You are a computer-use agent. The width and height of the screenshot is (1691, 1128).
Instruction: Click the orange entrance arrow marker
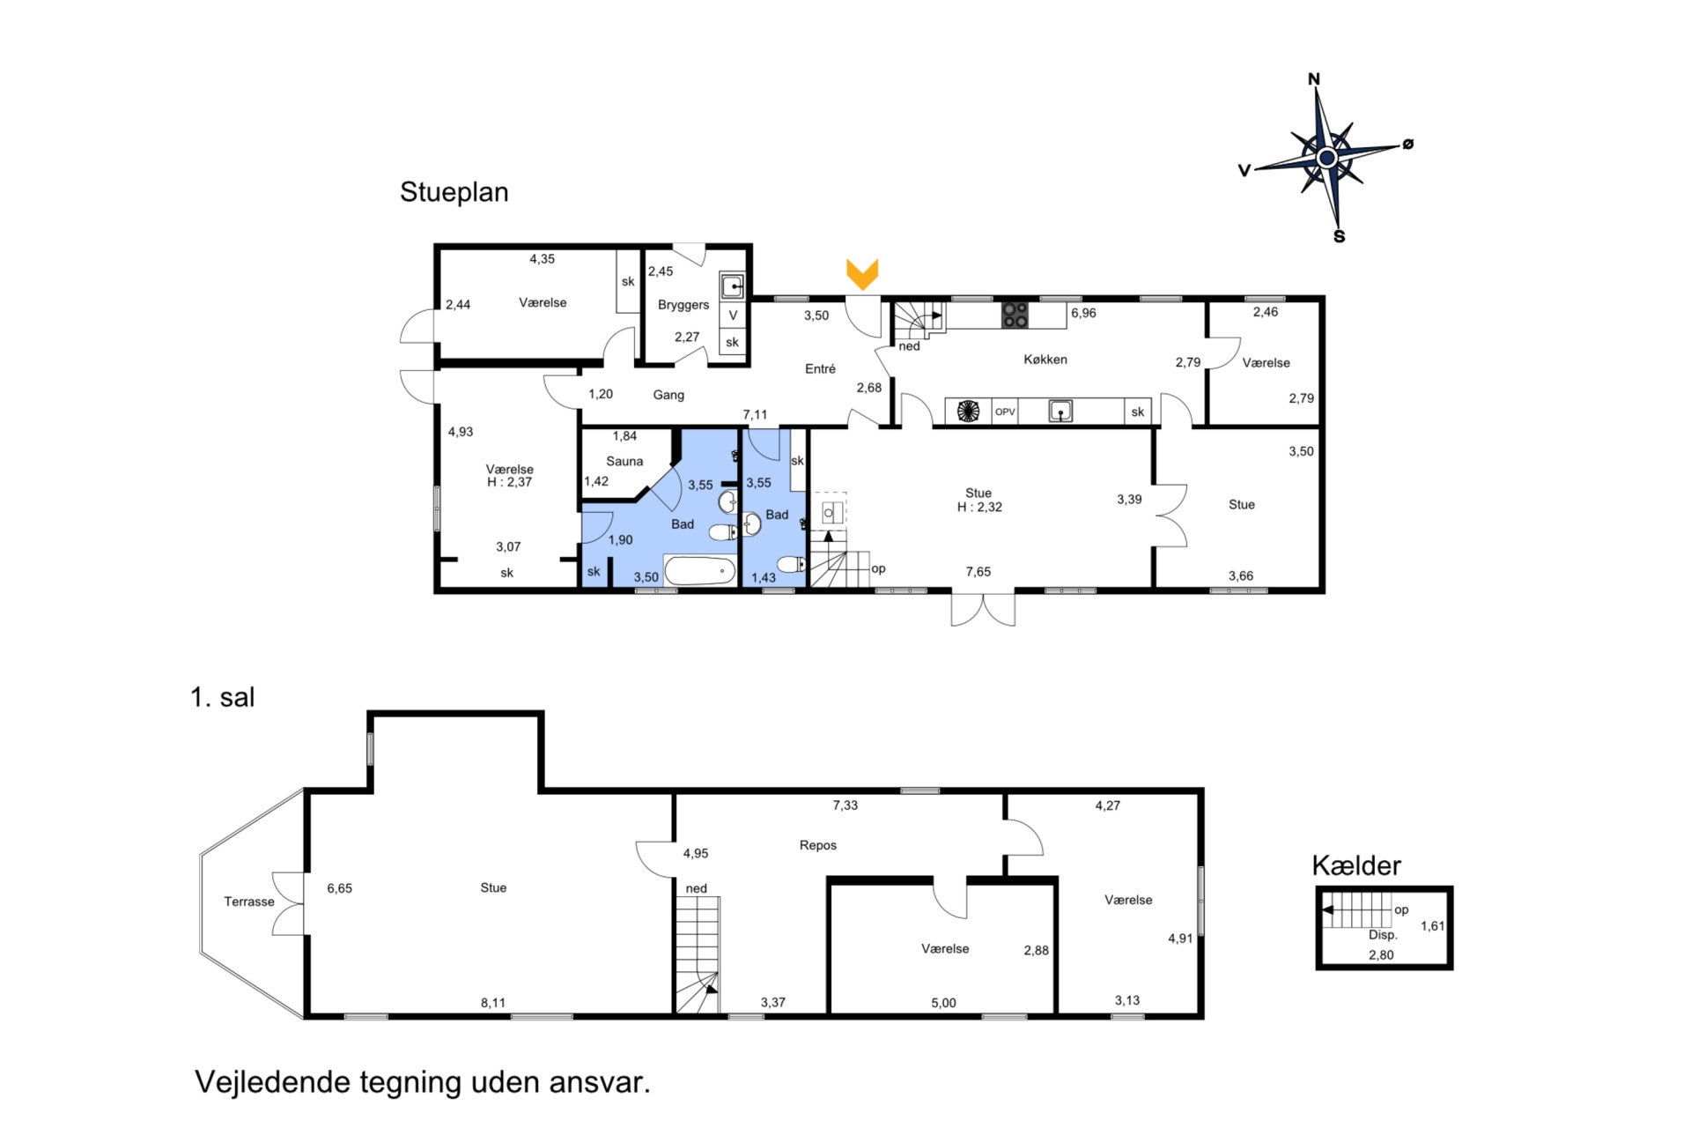coord(862,273)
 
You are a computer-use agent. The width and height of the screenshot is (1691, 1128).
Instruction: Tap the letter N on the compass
coord(1314,79)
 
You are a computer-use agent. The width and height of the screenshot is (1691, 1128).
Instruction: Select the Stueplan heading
coord(454,192)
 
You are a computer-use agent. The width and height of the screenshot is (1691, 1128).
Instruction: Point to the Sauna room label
coord(624,461)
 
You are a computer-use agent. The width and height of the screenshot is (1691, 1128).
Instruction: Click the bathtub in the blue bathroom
coord(699,571)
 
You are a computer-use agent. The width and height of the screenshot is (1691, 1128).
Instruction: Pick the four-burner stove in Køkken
coord(1015,315)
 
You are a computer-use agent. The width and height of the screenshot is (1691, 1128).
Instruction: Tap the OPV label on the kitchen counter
coord(1005,412)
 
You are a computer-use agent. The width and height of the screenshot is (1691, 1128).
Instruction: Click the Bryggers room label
coord(683,305)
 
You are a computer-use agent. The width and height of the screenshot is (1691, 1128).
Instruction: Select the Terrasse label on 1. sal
coord(249,902)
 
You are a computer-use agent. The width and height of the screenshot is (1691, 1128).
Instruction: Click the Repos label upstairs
coord(818,845)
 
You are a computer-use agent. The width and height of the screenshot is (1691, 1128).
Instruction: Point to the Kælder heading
coord(1356,865)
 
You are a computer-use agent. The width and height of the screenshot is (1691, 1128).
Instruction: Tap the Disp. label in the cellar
coord(1383,935)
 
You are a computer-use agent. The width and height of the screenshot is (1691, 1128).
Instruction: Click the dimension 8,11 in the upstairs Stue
coord(493,1003)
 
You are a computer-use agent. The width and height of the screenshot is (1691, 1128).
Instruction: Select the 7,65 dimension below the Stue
coord(978,572)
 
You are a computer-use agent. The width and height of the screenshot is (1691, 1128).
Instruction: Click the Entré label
coord(820,369)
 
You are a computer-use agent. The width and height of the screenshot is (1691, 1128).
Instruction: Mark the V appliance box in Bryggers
coord(733,315)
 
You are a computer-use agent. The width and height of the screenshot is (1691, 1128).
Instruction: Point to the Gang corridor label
coord(668,395)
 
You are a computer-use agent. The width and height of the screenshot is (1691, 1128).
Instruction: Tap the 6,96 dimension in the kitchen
coord(1083,313)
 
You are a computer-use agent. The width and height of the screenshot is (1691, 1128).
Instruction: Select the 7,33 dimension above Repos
coord(845,805)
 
